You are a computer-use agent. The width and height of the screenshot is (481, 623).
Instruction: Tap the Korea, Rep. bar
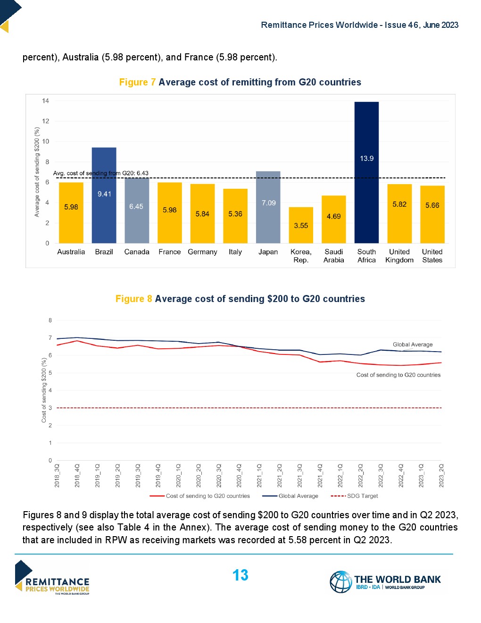tap(301, 225)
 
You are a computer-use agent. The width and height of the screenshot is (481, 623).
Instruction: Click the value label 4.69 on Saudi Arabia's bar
tap(333, 217)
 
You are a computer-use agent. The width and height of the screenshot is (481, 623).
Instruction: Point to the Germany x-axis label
tap(202, 252)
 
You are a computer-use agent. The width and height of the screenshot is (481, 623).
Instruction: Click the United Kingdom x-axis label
tap(399, 256)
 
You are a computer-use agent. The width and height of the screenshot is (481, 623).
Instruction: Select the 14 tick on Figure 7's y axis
tap(45, 101)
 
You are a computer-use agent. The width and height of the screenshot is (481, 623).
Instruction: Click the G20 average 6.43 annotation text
tap(100, 173)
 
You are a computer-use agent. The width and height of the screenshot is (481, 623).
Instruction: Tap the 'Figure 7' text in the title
tap(137, 82)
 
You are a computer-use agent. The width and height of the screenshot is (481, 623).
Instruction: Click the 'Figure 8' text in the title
tap(134, 299)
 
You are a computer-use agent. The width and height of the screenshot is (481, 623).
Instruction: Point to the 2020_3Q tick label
tap(219, 475)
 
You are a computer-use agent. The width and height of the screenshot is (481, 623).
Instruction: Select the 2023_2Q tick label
tap(441, 475)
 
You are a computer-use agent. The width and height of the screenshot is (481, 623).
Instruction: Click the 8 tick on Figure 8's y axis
tap(50, 320)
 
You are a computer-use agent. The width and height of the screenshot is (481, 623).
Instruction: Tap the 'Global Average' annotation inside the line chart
tap(413, 345)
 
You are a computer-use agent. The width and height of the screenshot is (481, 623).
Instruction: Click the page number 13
tap(240, 575)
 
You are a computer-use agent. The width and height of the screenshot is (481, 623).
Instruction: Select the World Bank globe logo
tap(340, 581)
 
